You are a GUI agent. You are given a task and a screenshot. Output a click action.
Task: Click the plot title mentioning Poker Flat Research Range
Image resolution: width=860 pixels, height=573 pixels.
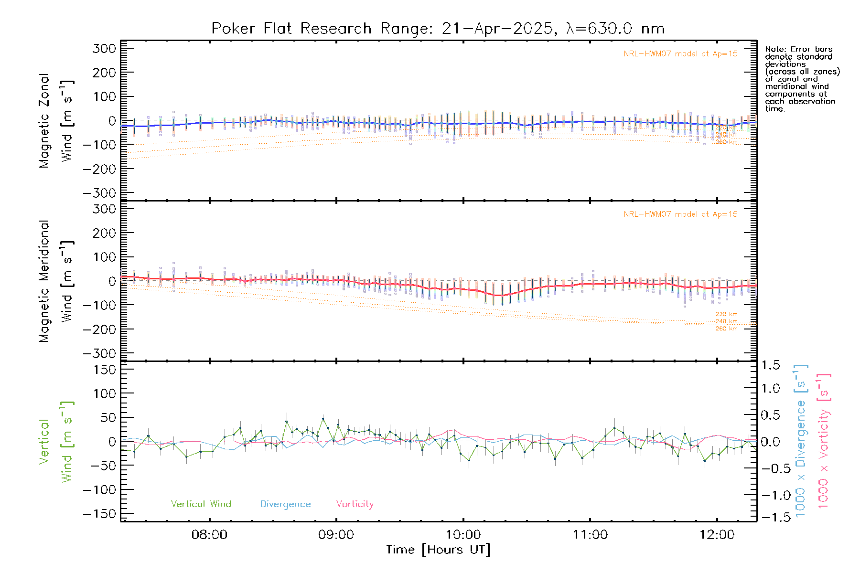[x=438, y=29]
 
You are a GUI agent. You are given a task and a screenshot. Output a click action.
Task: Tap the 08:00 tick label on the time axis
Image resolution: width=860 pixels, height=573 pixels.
[x=209, y=535]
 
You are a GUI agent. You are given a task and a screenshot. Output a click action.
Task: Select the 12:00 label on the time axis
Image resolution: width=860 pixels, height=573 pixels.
[x=717, y=535]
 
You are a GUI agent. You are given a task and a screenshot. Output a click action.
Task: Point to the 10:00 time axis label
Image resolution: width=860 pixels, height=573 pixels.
[x=463, y=535]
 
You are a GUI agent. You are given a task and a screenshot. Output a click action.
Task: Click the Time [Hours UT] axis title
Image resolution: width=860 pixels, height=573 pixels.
[x=438, y=550]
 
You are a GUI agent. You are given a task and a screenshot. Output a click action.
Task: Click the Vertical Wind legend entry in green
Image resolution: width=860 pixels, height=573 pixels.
[x=201, y=504]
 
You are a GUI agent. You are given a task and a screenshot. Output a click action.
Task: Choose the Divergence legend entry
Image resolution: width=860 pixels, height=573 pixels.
[x=285, y=504]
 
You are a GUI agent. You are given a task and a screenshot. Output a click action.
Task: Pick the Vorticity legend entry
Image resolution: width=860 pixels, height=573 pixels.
[x=355, y=504]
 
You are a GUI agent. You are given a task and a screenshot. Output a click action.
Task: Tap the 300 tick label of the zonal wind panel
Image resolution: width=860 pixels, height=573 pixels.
[x=105, y=48]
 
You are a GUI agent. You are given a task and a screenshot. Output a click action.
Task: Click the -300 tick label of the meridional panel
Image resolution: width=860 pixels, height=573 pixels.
[x=100, y=353]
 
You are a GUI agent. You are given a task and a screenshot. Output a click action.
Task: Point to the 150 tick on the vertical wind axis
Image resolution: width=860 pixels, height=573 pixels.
[x=105, y=370]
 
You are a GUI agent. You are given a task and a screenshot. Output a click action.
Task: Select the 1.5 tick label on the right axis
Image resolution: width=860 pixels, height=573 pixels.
[x=770, y=365]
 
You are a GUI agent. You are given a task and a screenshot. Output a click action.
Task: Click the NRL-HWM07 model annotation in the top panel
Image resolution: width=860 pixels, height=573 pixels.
[x=680, y=54]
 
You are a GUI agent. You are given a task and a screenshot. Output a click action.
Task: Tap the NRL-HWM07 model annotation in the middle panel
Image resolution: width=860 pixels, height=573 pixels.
[x=680, y=214]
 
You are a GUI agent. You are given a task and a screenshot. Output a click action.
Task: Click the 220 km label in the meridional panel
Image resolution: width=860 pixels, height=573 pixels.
[x=726, y=314]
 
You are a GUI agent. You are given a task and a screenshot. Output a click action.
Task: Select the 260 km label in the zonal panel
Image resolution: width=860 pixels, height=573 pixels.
[x=726, y=142]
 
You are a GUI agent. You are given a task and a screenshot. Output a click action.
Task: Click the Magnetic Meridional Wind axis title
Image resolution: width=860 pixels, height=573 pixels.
[x=55, y=281]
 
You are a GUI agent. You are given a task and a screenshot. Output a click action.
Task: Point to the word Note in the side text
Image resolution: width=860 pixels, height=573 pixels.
[x=774, y=49]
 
